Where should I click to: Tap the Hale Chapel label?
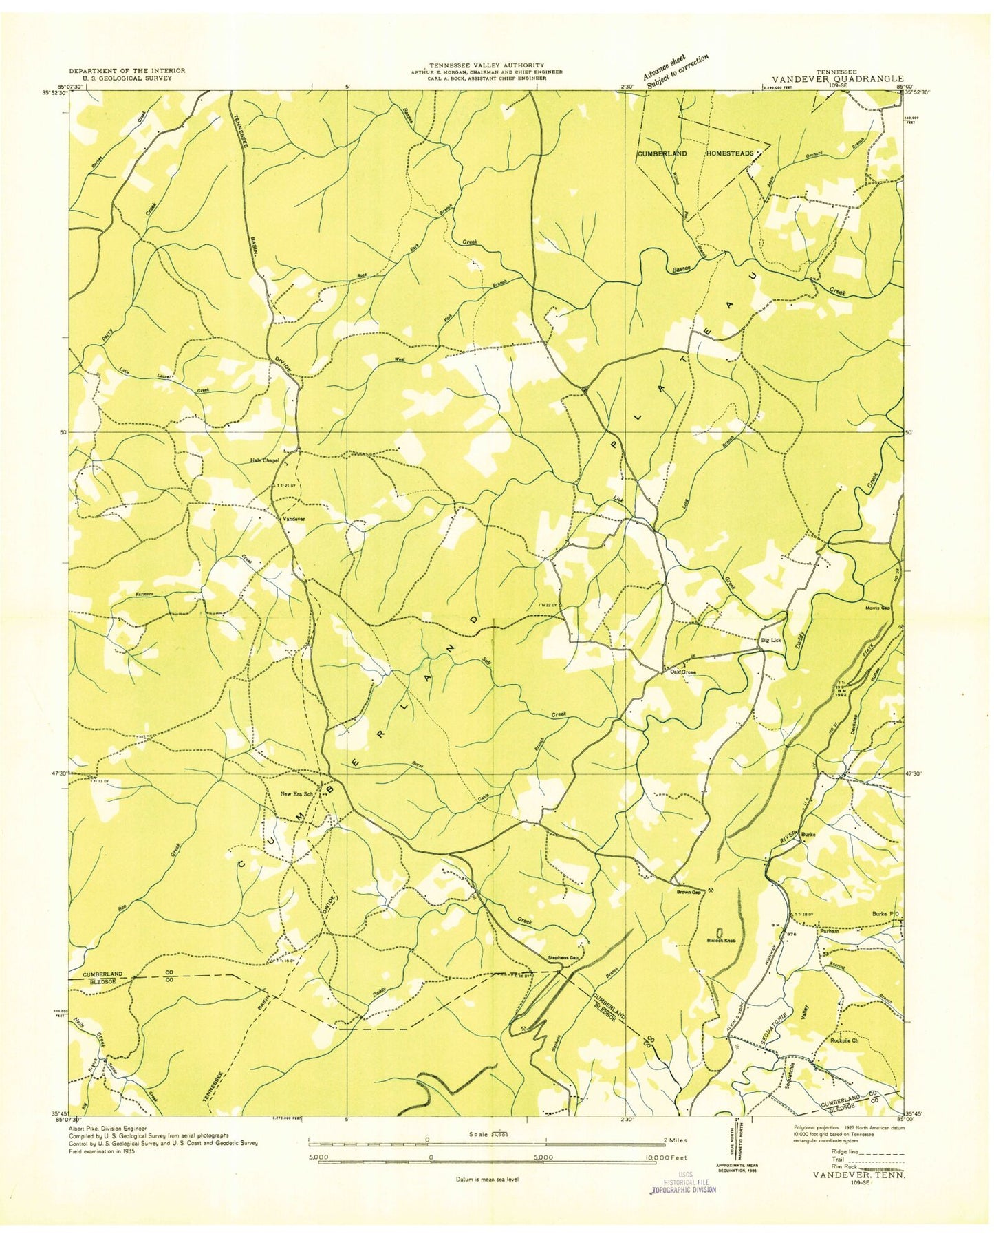(x=264, y=461)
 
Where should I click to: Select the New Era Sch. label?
(x=296, y=794)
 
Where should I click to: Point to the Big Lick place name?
(x=770, y=640)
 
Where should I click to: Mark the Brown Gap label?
(x=687, y=893)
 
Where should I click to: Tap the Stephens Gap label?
(x=562, y=958)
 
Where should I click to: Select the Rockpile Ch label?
(x=845, y=1040)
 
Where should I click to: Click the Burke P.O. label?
(x=885, y=914)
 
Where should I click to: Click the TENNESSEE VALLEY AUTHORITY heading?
(x=486, y=65)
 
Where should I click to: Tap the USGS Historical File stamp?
(x=684, y=1182)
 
